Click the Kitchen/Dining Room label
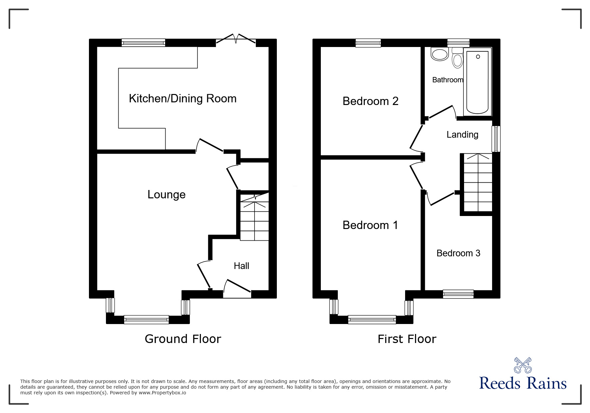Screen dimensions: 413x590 (183, 99)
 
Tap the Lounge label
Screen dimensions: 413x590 (166, 195)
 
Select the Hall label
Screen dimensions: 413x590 (241, 266)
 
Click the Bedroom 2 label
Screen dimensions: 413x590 (370, 101)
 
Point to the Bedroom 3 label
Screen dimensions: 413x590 (458, 253)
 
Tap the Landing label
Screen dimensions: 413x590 (462, 135)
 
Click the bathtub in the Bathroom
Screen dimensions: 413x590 (478, 82)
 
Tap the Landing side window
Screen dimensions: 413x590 (496, 139)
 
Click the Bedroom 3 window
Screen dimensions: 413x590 (458, 294)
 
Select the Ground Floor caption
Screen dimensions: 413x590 (183, 339)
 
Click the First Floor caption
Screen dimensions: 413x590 (407, 339)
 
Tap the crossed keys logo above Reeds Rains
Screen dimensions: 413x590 (523, 365)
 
